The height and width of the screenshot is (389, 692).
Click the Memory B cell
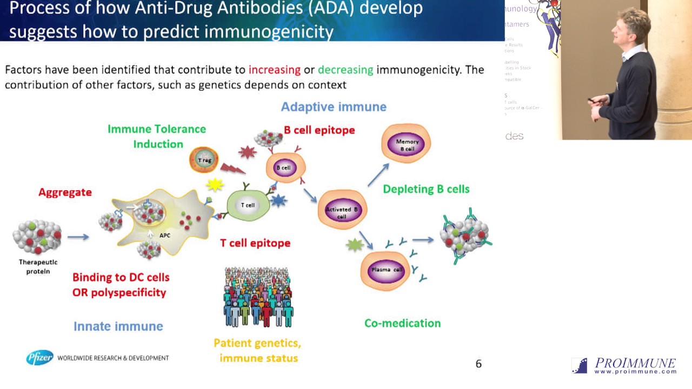[406, 144]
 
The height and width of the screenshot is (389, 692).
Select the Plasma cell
[385, 269]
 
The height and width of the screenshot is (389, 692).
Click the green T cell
[248, 205]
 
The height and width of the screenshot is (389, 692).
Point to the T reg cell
[204, 160]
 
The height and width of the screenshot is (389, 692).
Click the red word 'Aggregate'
[65, 192]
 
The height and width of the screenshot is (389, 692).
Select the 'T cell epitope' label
[255, 243]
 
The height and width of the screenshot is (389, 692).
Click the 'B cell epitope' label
[319, 130]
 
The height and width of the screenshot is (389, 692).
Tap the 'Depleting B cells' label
[426, 189]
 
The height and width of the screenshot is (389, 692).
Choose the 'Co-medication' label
[402, 323]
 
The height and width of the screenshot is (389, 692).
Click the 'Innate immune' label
[118, 326]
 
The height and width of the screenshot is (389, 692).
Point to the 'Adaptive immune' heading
[334, 107]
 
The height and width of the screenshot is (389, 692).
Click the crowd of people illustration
[258, 297]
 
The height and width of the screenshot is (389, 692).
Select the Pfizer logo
[40, 358]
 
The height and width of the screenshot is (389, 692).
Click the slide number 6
[478, 364]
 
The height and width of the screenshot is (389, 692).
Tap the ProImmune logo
[624, 366]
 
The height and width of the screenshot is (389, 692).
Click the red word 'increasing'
[274, 70]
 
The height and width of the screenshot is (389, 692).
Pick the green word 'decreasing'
[345, 70]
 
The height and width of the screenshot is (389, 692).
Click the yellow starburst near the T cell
[215, 185]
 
